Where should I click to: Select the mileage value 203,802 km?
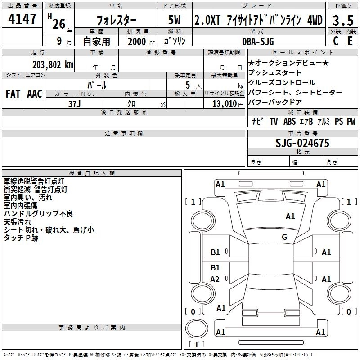point(53,64)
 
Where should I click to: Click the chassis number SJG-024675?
point(302,144)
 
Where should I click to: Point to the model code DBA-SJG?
point(258,41)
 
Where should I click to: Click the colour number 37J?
point(74,103)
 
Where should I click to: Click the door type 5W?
point(175,20)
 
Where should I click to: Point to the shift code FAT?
point(13,94)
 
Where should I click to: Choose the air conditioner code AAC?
point(35,94)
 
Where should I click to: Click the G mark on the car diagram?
point(284,237)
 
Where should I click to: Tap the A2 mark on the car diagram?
point(215,279)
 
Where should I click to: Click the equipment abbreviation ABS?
point(290,121)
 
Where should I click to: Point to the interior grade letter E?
point(350,41)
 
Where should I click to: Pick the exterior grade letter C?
point(335,41)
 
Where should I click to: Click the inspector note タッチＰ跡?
point(21,238)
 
